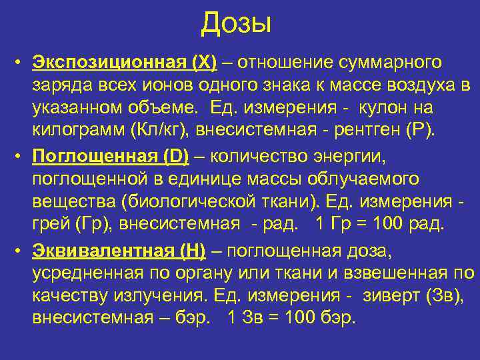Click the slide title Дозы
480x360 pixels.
(237, 23)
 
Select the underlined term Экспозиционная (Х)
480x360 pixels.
(125, 63)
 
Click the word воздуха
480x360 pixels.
(425, 85)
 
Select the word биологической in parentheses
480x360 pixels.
(197, 201)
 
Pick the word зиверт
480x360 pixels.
(395, 294)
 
